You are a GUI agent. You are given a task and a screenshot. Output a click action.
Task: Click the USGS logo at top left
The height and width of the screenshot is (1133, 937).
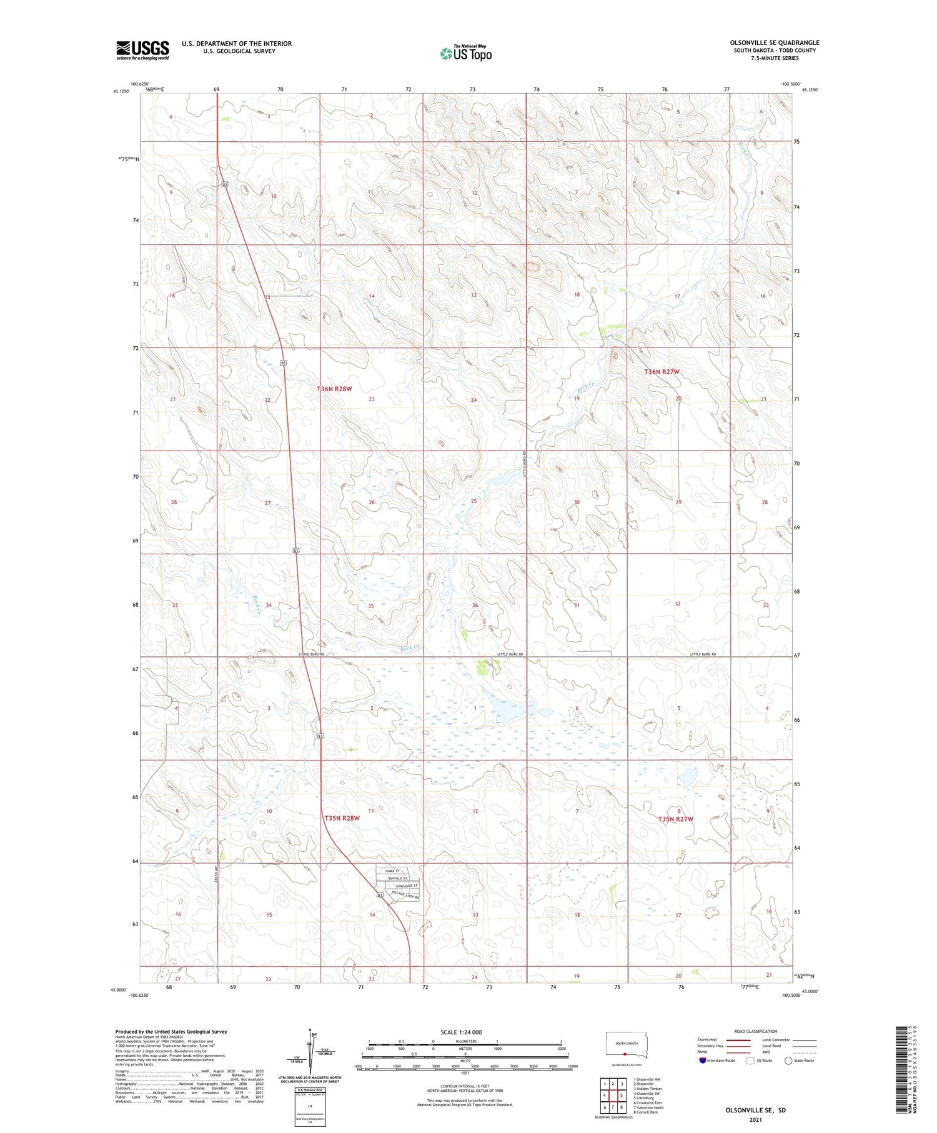point(142,50)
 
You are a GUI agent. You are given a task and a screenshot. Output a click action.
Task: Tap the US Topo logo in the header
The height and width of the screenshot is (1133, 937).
point(465,54)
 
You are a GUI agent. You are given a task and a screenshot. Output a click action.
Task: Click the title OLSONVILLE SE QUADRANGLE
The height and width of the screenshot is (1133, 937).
point(775,42)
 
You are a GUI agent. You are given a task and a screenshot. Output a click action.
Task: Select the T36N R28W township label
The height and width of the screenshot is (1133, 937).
point(335,389)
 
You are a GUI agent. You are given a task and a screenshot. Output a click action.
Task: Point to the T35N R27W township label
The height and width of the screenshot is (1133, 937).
point(675,819)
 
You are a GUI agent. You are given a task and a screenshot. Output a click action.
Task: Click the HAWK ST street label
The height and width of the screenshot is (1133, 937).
point(392,871)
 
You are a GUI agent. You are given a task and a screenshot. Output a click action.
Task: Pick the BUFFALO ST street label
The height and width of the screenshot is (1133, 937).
point(398,879)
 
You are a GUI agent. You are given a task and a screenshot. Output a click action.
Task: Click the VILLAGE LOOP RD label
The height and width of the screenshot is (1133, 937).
point(405,896)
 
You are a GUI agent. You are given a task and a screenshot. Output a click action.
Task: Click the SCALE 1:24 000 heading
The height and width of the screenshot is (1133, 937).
point(461,1032)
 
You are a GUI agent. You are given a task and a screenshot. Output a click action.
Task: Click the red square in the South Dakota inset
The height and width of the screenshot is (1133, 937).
point(624,1052)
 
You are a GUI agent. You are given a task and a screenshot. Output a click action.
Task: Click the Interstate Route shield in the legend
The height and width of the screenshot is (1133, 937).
point(702,1061)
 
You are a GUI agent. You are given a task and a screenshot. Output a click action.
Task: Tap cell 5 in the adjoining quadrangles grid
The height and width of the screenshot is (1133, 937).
point(622,1095)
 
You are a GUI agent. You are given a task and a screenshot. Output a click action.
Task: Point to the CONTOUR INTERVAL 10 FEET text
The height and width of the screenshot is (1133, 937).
point(465,1086)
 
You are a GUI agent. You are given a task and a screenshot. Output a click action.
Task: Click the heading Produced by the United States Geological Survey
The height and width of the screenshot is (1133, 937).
point(171,1032)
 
